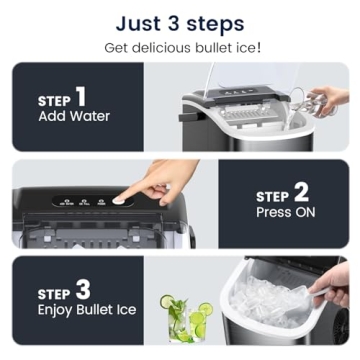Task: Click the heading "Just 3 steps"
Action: [179, 22]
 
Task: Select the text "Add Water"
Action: [74, 117]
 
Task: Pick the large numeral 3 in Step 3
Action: [83, 290]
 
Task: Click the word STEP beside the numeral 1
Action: [54, 101]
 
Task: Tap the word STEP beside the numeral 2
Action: [273, 197]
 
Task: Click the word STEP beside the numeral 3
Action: [54, 294]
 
